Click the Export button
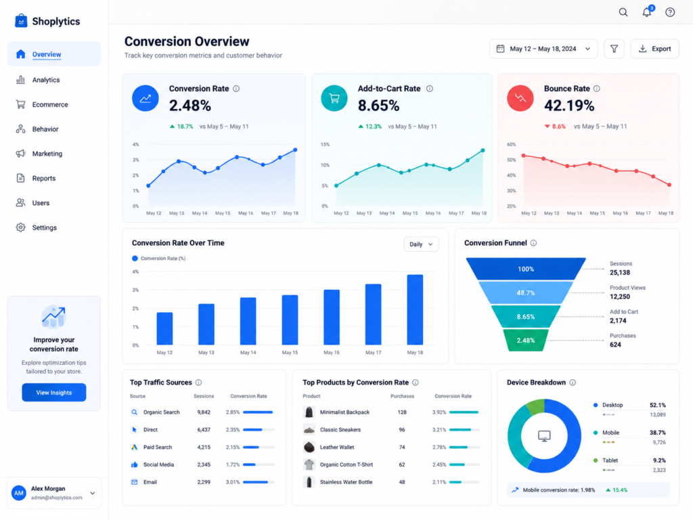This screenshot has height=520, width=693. pyautogui.click(x=654, y=49)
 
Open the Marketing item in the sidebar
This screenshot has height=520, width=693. pyautogui.click(x=47, y=154)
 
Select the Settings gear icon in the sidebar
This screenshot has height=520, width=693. pyautogui.click(x=20, y=227)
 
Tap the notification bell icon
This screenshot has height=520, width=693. pyautogui.click(x=647, y=12)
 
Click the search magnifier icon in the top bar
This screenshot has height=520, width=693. pyautogui.click(x=623, y=12)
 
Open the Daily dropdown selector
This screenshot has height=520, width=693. pyautogui.click(x=421, y=244)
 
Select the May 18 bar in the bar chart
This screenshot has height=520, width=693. pyautogui.click(x=415, y=309)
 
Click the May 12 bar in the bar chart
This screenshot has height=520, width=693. pyautogui.click(x=164, y=328)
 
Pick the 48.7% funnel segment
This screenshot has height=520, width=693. pyautogui.click(x=525, y=292)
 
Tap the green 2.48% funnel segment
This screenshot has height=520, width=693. pyautogui.click(x=525, y=341)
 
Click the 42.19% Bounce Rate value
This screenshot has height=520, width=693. pyautogui.click(x=569, y=106)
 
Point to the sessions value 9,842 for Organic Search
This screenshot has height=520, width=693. pyautogui.click(x=204, y=412)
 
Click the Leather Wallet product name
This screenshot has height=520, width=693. pyautogui.click(x=337, y=447)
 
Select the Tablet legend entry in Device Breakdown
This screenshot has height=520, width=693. pyautogui.click(x=610, y=460)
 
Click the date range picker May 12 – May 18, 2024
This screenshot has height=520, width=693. pyautogui.click(x=543, y=49)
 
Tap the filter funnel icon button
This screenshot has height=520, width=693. pyautogui.click(x=614, y=49)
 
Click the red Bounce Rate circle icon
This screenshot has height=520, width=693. pyautogui.click(x=520, y=98)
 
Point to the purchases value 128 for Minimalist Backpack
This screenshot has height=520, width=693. pyautogui.click(x=402, y=412)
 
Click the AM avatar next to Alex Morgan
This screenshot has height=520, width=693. pyautogui.click(x=18, y=493)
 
